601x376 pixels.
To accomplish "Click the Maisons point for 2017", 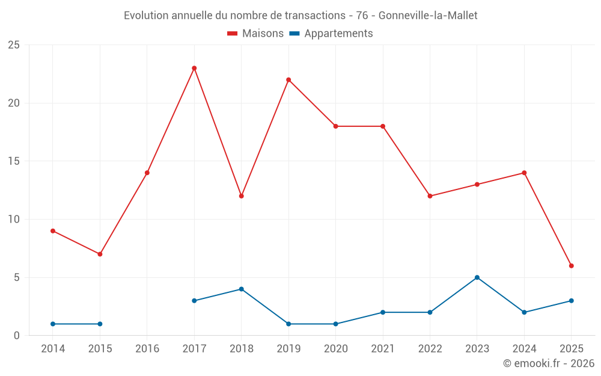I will (x=194, y=68).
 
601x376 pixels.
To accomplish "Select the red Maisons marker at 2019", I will (x=288, y=79).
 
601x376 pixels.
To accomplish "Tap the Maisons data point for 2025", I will (x=571, y=265).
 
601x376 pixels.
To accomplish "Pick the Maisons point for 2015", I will (x=100, y=254).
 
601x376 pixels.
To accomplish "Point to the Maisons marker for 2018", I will (x=241, y=196).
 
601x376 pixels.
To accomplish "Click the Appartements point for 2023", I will (x=477, y=277).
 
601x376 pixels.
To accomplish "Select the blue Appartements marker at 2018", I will (x=241, y=289).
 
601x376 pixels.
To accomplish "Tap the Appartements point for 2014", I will (x=53, y=324).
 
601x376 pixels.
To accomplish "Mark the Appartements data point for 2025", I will (x=571, y=300).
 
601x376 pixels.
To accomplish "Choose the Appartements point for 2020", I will (x=335, y=324).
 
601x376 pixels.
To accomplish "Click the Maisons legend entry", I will (x=255, y=34).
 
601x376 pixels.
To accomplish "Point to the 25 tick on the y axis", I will (x=14, y=45).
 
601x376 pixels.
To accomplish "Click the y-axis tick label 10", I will (x=14, y=219).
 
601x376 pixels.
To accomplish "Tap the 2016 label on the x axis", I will (x=147, y=349).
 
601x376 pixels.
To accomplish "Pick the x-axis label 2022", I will (x=430, y=349).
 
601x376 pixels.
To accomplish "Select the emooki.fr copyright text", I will (x=549, y=363).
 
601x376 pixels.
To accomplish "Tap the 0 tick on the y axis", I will (x=17, y=335).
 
